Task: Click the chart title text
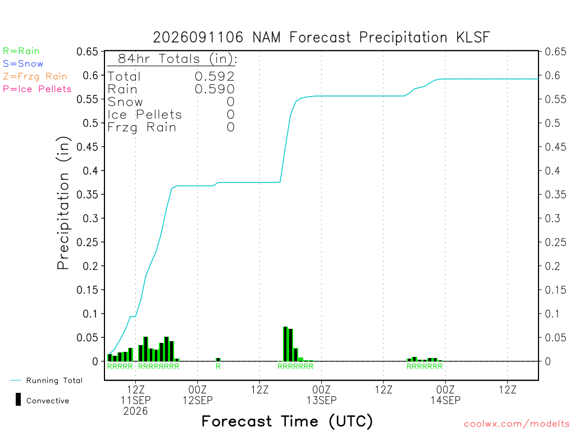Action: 321,38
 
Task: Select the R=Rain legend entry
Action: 21,51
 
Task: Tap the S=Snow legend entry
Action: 23,64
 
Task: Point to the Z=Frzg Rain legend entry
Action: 35,76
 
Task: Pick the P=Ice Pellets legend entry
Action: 37,89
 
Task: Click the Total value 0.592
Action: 215,76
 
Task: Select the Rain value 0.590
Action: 215,89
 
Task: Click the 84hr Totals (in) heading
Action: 177,58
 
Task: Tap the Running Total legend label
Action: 54,380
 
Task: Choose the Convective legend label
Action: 48,401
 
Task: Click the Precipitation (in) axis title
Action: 63,203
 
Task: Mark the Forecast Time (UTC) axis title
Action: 287,421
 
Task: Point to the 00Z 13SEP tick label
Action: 322,395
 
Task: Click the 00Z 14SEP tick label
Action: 445,395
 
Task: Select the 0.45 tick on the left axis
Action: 87,147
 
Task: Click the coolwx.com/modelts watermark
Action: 517,424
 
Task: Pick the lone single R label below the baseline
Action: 218,366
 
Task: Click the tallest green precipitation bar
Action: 286,344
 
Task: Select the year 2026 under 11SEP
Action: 136,411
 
